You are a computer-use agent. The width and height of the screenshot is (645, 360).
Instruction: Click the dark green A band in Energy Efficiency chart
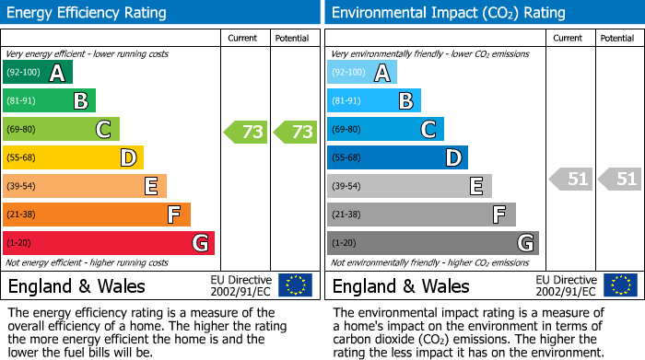(x=38, y=73)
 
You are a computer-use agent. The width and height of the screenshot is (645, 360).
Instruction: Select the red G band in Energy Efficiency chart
(x=109, y=243)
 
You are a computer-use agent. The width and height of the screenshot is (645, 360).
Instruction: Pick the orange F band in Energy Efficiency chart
(x=97, y=215)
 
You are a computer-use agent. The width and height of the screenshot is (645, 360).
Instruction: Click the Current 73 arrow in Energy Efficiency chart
(x=246, y=132)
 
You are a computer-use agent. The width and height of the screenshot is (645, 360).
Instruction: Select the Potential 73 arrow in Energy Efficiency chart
(x=295, y=132)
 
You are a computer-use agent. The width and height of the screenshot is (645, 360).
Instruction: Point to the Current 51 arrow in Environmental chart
(x=571, y=179)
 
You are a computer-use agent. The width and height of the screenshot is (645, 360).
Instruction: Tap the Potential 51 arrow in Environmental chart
(x=619, y=179)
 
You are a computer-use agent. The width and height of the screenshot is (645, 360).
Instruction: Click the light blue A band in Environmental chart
(x=362, y=73)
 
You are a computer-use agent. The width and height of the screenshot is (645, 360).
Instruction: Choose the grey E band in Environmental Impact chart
(x=409, y=186)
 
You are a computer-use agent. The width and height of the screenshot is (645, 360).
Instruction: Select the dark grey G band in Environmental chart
(x=433, y=243)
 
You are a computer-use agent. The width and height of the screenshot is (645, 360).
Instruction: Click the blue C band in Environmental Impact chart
(x=385, y=130)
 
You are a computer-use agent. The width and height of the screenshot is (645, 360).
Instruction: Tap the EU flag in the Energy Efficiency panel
(x=295, y=285)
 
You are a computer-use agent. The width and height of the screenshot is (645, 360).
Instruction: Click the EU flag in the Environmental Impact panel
(x=620, y=285)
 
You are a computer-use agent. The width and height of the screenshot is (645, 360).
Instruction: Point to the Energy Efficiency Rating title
(x=87, y=13)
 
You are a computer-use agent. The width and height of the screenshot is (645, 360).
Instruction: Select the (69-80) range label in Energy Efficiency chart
(x=22, y=130)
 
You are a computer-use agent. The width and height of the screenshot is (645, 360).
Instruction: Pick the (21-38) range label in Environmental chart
(x=346, y=215)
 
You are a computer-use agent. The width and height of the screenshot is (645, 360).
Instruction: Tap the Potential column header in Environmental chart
(x=617, y=38)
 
